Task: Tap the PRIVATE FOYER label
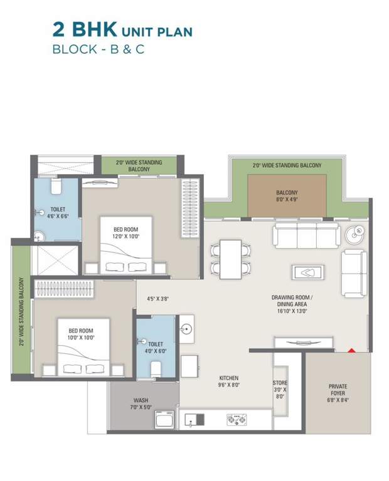[x=338, y=393]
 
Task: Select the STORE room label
[x=280, y=389]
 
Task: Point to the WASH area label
[x=141, y=404]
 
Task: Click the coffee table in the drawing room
[x=307, y=272]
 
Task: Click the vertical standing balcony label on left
[x=21, y=311]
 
